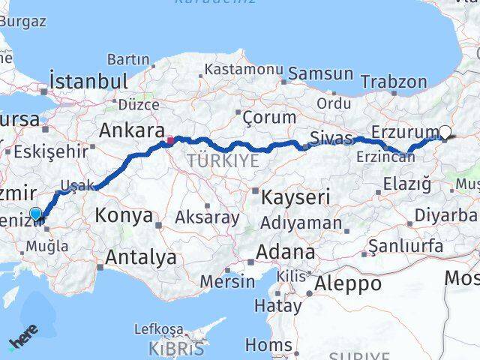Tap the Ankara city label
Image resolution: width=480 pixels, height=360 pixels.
[x=127, y=130]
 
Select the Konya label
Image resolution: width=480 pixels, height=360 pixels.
[x=123, y=215]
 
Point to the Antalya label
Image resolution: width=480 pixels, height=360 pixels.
[x=141, y=257]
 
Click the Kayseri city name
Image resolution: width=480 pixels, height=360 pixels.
[x=296, y=197]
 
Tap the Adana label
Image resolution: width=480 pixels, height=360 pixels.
[x=286, y=251]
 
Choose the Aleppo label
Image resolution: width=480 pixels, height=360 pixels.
[x=347, y=284]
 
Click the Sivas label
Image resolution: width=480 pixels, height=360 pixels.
[x=330, y=137]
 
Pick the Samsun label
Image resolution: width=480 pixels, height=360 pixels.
[x=320, y=73]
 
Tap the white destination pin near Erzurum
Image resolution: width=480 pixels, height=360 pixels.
[x=445, y=133]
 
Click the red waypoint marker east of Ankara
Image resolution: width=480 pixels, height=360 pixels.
[x=170, y=139]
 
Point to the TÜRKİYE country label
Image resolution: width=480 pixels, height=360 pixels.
[x=223, y=160]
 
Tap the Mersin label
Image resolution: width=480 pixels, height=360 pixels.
[x=228, y=282]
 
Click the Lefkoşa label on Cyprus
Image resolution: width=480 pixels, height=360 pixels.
[x=158, y=328]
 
